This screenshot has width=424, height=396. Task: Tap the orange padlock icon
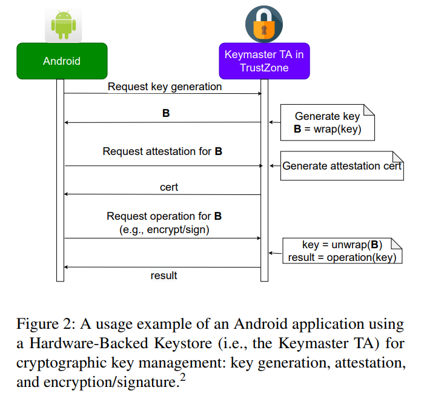point(263,24)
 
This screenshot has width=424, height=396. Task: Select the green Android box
point(62,61)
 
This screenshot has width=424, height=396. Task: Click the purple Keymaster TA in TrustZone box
point(264,61)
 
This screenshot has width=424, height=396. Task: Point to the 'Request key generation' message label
point(165,87)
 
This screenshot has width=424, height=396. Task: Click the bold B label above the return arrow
point(166,113)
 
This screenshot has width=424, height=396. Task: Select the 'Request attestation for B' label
point(162,151)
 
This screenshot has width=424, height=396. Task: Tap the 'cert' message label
point(168,187)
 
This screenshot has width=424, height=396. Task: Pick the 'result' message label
point(164,276)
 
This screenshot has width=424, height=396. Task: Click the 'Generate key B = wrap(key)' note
point(327,122)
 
